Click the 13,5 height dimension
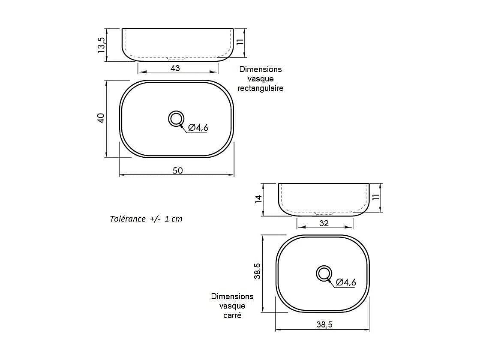102,45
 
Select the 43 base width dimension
175,69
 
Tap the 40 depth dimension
101,118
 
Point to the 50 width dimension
177,171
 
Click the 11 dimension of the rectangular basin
240,42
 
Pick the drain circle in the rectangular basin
176,119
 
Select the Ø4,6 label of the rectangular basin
198,127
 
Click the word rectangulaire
260,88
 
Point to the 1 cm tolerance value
173,219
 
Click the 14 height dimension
258,199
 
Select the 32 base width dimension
324,223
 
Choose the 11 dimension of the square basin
376,198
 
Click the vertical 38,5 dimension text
257,272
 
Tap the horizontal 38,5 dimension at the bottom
324,325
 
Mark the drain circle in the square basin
324,273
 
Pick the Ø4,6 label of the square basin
346,282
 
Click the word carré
232,315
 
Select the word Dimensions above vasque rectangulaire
260,69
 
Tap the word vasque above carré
232,306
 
